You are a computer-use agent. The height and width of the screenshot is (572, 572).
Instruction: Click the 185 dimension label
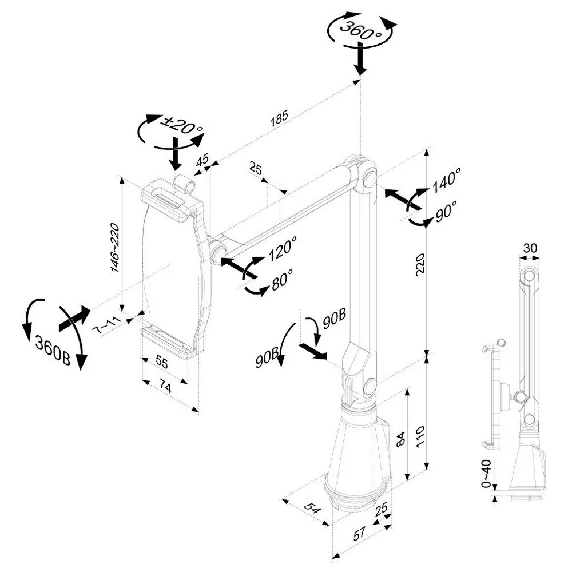280,117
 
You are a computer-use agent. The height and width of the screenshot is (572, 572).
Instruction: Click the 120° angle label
282,248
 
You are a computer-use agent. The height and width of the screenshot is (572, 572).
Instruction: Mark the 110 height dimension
422,437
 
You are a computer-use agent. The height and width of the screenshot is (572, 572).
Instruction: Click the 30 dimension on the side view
530,248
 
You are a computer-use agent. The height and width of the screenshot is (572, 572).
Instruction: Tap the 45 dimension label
202,162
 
